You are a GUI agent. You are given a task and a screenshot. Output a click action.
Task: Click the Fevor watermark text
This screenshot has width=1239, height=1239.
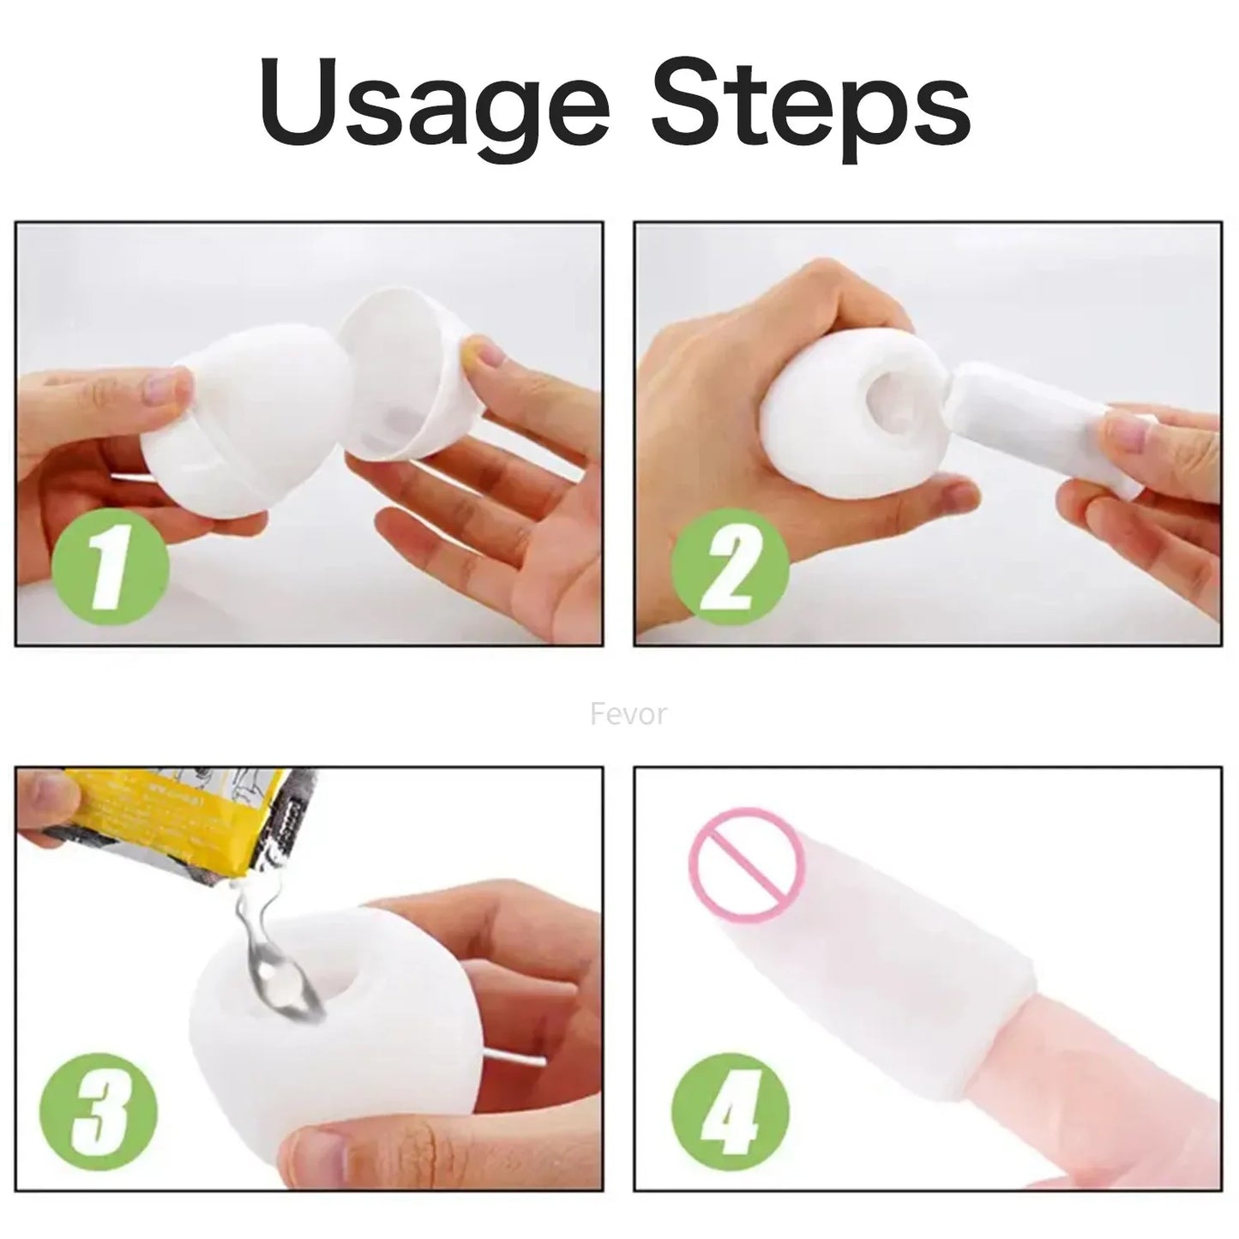click(x=628, y=713)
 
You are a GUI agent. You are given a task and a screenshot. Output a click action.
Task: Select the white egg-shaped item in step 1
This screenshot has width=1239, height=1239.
click(x=232, y=429)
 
